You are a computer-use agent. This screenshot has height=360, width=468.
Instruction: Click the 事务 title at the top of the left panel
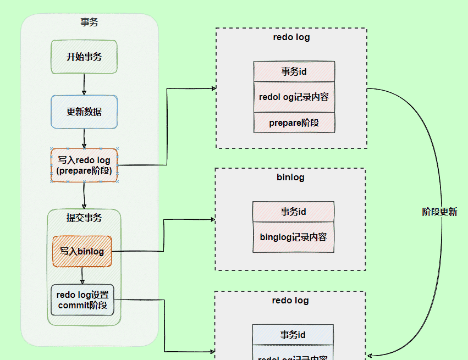coord(89,23)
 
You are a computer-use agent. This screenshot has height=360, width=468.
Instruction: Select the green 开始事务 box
coord(84,57)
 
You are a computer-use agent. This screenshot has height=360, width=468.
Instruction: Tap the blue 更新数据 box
coord(84,112)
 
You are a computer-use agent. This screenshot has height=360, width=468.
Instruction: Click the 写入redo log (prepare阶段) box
coord(84,165)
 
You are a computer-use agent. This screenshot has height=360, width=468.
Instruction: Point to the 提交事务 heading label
coord(84,218)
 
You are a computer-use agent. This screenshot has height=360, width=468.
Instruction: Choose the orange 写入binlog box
coord(82,251)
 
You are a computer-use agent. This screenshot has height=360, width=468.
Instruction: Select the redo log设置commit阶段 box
coord(82,300)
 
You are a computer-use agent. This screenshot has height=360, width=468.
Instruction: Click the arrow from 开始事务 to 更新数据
coord(84,84)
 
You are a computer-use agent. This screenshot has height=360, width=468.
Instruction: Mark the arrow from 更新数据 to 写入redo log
coord(84,138)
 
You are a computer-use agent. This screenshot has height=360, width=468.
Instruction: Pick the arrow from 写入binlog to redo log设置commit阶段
coord(82,275)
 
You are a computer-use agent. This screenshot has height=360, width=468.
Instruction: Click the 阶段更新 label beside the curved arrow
coord(439,212)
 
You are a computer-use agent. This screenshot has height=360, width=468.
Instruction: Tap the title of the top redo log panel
coord(291,37)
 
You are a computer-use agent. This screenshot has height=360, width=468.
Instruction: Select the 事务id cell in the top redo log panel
coord(294,71)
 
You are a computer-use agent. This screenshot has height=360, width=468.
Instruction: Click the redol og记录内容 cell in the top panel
coord(294,97)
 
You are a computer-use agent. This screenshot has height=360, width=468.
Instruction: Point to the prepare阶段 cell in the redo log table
coord(294,123)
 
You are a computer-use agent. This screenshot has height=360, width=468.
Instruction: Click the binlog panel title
coord(290,178)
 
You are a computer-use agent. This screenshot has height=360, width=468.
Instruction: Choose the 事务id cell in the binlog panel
coord(293,212)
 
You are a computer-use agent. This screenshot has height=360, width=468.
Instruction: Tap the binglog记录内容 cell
coord(293,237)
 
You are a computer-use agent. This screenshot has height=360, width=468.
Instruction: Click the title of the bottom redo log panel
coord(290,301)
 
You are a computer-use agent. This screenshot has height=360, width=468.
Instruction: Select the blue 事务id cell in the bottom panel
coord(293,335)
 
